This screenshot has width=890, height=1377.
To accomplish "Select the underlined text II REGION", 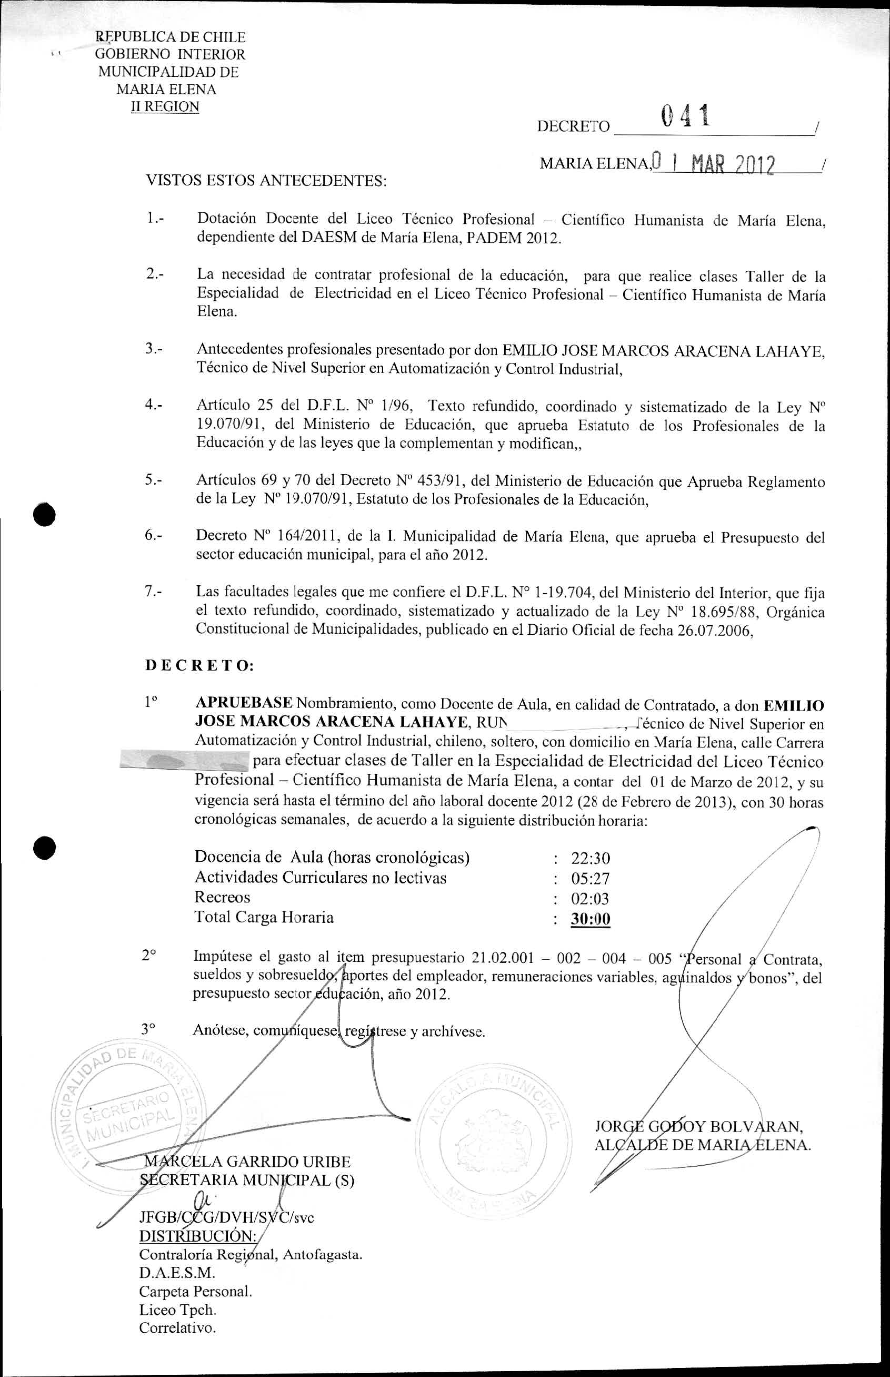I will point(165,107).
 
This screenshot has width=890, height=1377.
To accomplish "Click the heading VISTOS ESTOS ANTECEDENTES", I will point(266,181).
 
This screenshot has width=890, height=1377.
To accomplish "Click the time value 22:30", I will point(590,858).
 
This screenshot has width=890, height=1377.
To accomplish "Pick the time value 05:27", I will point(590,879).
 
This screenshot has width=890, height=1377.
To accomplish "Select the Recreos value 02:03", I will point(590,899).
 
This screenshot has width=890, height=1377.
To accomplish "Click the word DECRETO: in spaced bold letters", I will point(199,666).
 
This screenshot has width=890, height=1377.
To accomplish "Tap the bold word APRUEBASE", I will point(244,703).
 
